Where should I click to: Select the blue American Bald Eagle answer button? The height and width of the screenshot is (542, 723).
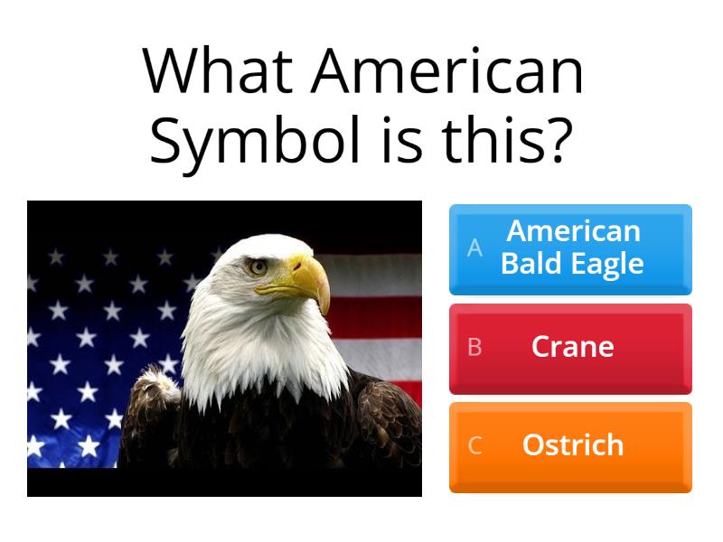[x=570, y=248]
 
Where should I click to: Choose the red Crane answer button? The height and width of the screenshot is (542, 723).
[x=570, y=348]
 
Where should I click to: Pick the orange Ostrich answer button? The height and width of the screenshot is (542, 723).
[x=570, y=446]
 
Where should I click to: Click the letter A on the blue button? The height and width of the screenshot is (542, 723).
[x=474, y=248]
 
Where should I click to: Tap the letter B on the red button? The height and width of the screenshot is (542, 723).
[x=474, y=347]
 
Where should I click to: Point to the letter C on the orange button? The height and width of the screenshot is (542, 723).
[x=474, y=445]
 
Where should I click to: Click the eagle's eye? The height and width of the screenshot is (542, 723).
[x=258, y=266]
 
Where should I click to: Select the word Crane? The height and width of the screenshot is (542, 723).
[x=573, y=347]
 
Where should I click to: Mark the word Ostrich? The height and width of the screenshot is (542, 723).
[x=573, y=445]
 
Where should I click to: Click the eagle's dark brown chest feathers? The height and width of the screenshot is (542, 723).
[x=271, y=443]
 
